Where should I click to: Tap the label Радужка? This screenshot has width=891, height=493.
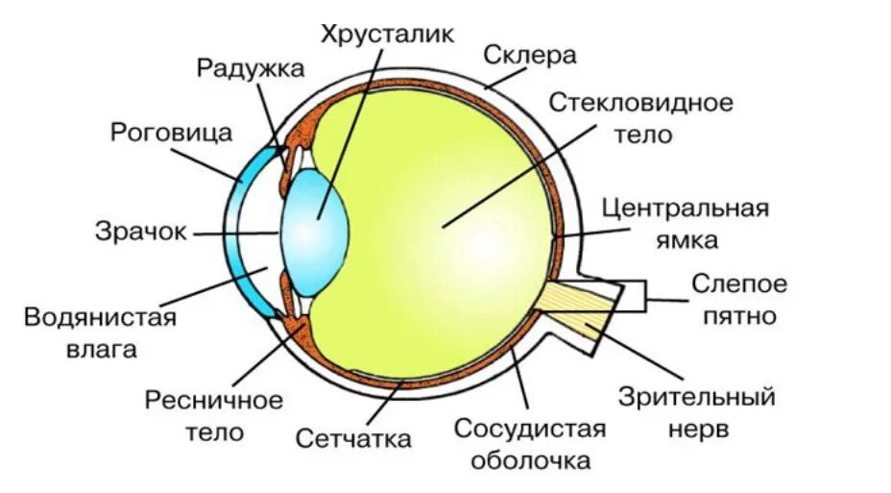tap(251, 68)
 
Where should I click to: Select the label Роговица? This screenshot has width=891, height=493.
tap(172, 132)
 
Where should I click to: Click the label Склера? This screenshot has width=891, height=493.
tap(530, 55)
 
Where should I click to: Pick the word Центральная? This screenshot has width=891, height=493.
tap(686, 209)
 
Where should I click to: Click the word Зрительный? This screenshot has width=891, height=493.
tap(697, 395)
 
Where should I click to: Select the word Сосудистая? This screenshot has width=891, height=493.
tap(530, 429)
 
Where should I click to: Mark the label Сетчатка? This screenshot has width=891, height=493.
tap(354, 439)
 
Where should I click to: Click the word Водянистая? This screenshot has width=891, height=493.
tap(101, 318)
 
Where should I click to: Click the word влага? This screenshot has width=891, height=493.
tap(101, 349)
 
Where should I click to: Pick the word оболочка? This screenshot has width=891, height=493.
tap(530, 460)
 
